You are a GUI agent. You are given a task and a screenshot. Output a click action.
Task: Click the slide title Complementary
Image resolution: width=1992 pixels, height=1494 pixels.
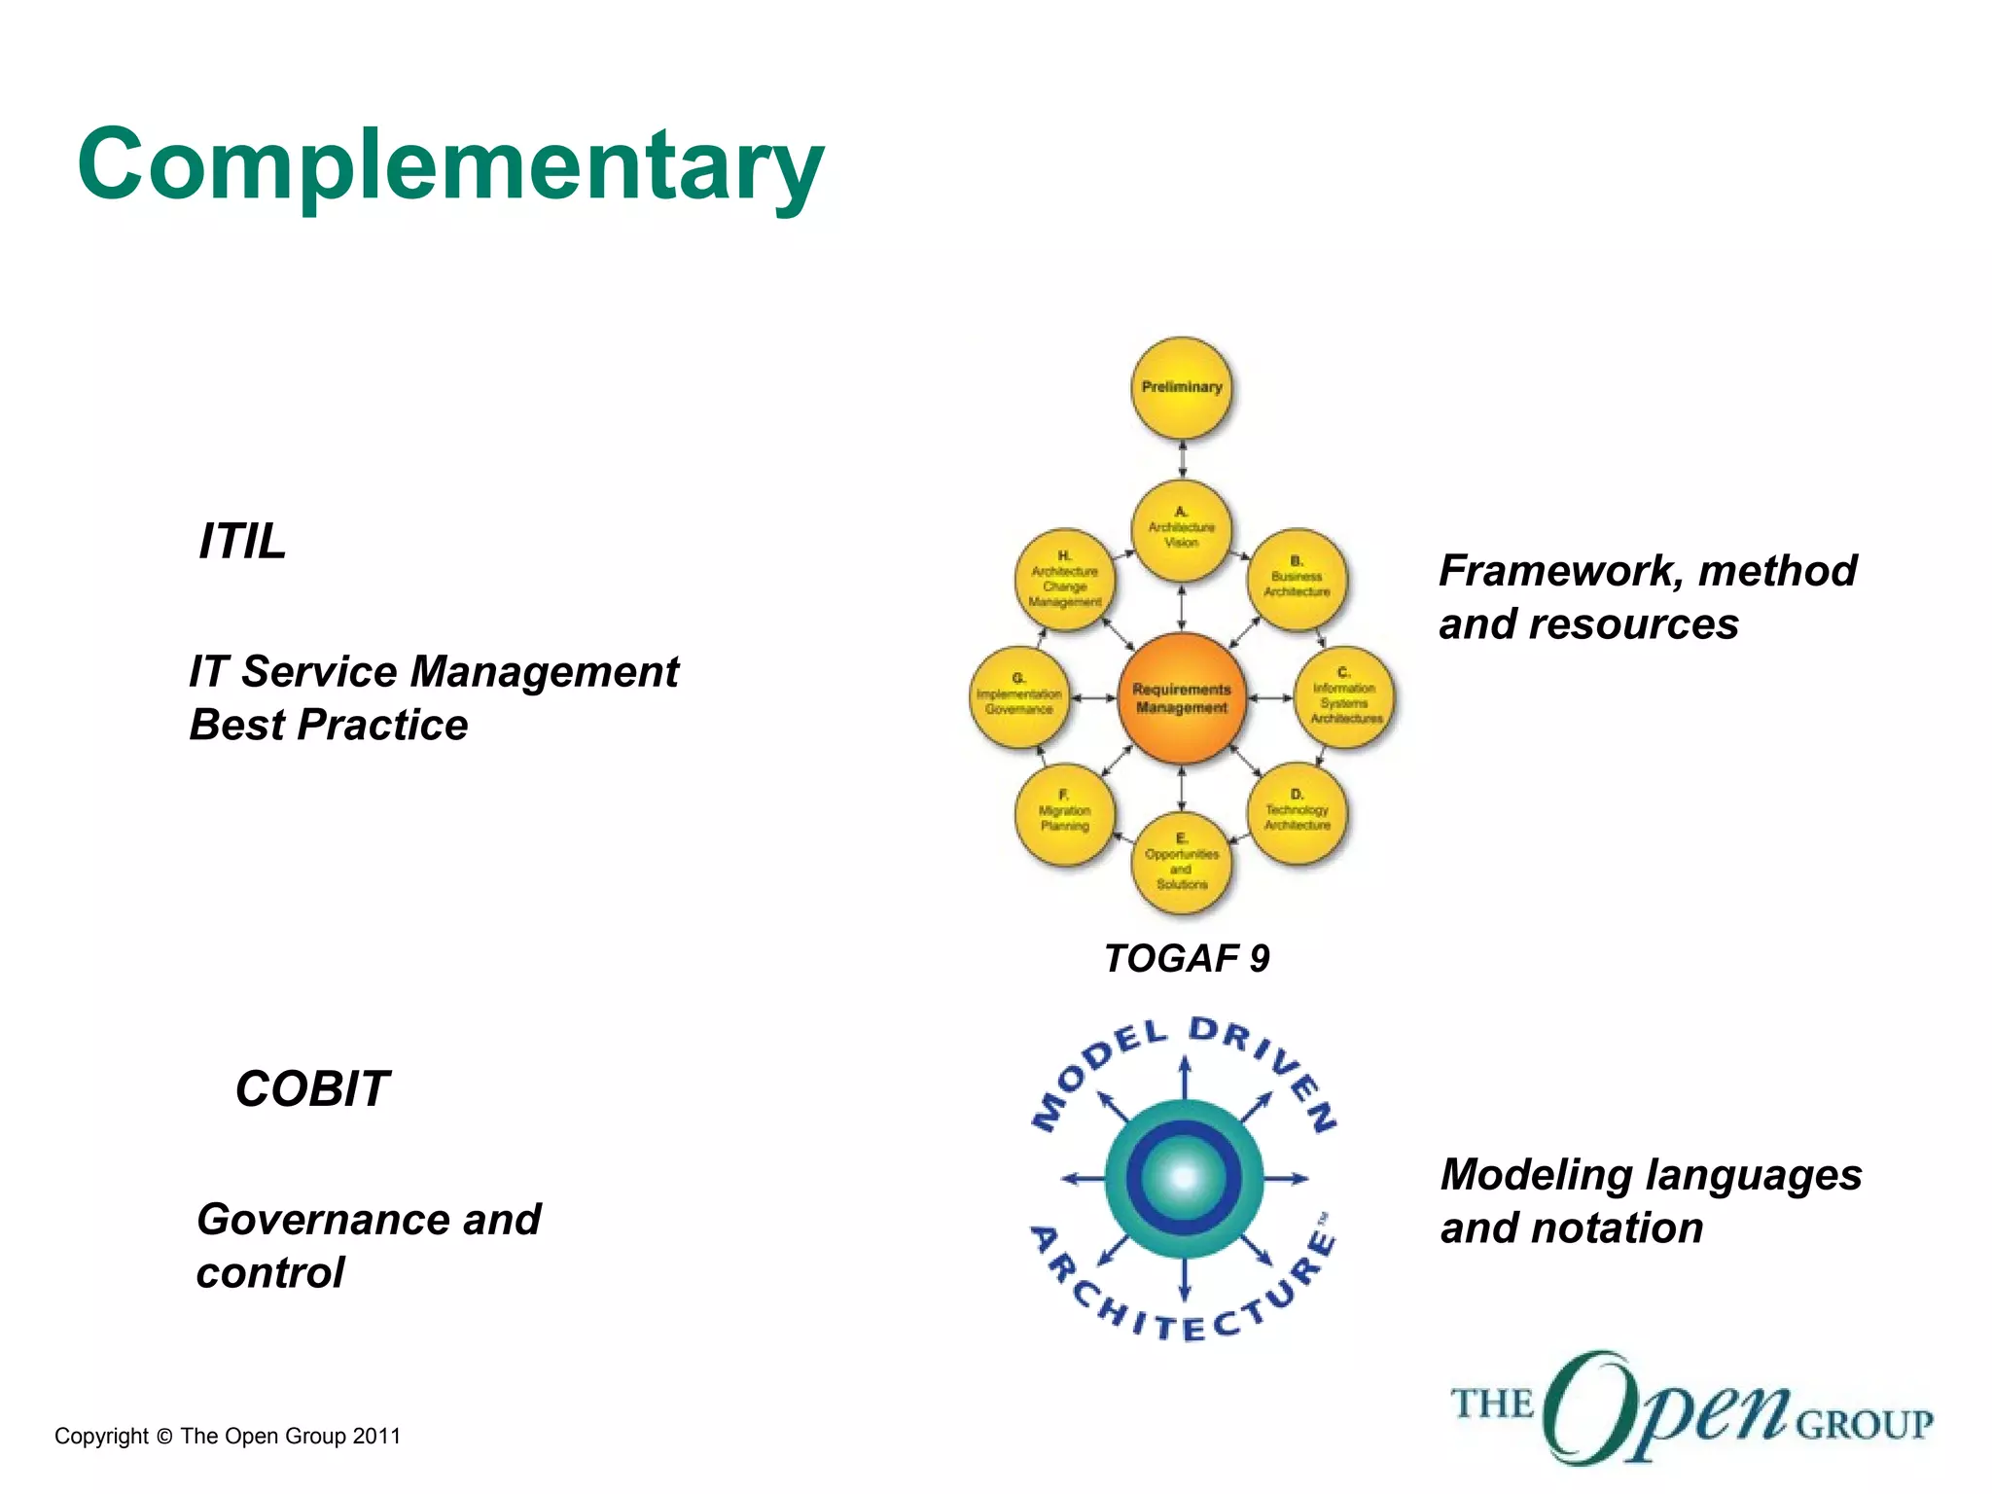click(x=450, y=165)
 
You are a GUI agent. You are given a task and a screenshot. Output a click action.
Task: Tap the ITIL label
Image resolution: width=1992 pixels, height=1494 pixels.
click(x=242, y=541)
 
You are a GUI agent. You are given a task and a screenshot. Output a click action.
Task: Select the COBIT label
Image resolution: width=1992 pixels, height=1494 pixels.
click(x=312, y=1088)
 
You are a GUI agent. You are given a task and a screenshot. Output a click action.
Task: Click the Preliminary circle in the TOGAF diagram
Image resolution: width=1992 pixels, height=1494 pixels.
click(x=1182, y=388)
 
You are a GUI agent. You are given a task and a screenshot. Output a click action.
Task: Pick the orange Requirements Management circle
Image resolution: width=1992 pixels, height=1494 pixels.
click(x=1182, y=697)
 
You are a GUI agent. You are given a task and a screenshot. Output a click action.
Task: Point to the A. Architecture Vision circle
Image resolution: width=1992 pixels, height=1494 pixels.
click(x=1182, y=529)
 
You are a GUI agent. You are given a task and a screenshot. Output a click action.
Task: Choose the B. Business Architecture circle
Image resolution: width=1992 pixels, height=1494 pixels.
click(x=1297, y=581)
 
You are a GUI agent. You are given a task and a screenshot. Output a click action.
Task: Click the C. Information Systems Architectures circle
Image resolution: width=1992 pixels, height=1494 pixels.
click(x=1345, y=697)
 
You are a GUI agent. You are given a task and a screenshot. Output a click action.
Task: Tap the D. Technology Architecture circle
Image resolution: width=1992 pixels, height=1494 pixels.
click(x=1297, y=813)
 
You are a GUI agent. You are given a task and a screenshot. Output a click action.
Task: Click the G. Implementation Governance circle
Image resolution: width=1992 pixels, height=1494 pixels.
click(x=1018, y=697)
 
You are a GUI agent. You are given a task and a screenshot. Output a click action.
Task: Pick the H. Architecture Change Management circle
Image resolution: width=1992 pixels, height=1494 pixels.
click(x=1065, y=581)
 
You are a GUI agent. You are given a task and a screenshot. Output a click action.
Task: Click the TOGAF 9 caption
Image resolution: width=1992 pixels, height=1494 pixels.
click(x=1186, y=959)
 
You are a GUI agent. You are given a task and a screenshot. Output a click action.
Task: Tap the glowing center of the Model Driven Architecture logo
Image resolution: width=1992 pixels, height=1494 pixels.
click(x=1184, y=1178)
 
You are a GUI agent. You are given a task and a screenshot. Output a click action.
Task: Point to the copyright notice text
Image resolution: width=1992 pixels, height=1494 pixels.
click(x=228, y=1437)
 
